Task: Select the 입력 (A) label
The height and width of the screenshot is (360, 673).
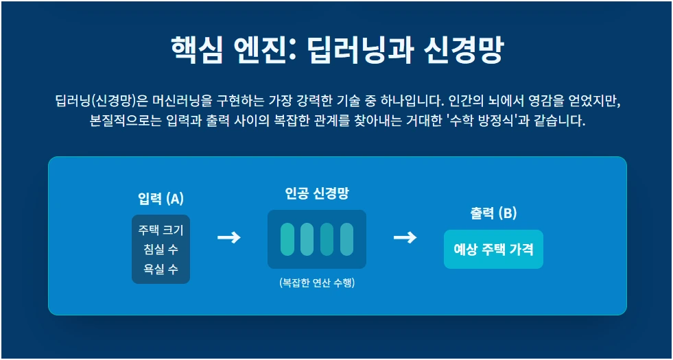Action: click(x=161, y=199)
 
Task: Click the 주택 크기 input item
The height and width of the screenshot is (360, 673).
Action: click(x=161, y=230)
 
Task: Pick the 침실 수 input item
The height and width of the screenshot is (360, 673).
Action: click(x=161, y=249)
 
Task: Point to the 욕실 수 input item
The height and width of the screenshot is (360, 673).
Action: click(x=161, y=268)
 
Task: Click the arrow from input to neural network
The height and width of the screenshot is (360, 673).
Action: click(x=228, y=237)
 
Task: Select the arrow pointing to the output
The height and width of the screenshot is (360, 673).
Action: click(x=405, y=237)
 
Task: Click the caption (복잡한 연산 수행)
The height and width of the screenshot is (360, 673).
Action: click(x=316, y=283)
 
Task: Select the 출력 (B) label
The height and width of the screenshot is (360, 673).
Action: click(x=493, y=213)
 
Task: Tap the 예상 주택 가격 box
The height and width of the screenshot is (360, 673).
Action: click(x=493, y=249)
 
